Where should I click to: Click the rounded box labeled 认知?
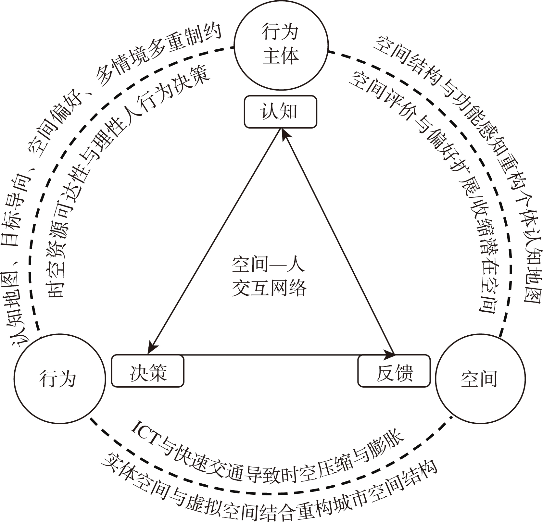pos(280,112)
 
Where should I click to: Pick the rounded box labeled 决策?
pos(148,371)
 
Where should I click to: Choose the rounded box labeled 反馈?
pos(394,371)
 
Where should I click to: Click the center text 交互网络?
pos(269,287)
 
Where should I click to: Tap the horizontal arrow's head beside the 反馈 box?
pos(388,354)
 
